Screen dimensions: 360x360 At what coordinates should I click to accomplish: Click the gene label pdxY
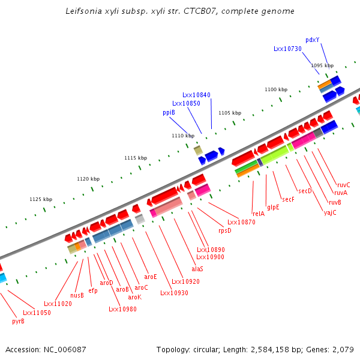coord(312,40)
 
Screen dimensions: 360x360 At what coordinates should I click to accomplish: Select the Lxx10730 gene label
coord(287,49)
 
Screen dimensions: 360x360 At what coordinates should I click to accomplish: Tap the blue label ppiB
coord(169,112)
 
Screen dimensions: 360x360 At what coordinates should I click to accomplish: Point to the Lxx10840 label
coord(196,95)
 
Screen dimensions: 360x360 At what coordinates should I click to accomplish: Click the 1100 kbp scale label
coord(276,89)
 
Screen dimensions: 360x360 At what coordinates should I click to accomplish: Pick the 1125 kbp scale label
coord(41,199)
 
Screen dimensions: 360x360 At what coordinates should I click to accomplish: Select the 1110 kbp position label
coord(183,136)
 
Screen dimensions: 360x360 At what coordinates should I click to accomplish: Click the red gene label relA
coord(259,214)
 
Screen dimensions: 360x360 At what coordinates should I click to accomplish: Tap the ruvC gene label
coord(343,185)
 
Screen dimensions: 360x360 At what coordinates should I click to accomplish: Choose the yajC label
coord(330,212)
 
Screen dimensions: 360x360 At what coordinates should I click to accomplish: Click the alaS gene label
coord(197,269)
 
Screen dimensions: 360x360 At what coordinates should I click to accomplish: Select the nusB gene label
coord(77,295)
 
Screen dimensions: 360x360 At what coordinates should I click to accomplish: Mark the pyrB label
coord(18,321)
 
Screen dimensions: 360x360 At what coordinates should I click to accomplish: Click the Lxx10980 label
coord(122,309)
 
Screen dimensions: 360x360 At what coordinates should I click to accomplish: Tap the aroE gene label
coord(150,277)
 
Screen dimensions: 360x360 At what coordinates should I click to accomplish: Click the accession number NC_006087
coord(64,349)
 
